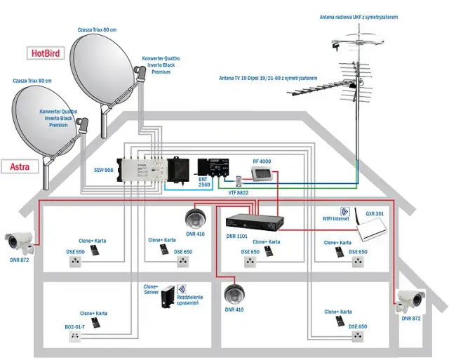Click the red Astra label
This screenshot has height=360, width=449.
click(x=25, y=166)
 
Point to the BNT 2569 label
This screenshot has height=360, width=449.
click(x=203, y=180)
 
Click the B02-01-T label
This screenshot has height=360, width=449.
click(x=75, y=326)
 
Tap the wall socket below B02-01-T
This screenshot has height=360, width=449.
click(x=75, y=337)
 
